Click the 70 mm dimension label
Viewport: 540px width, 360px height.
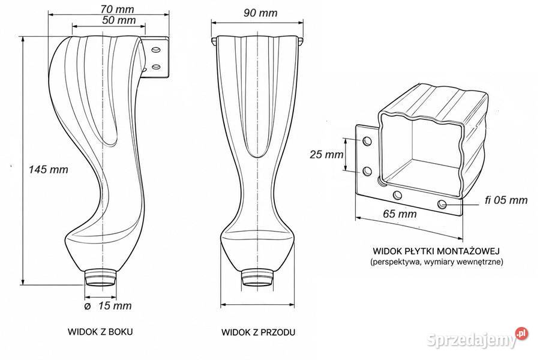pos(118,9)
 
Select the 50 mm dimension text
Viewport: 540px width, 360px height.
pos(119,20)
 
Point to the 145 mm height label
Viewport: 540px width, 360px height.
pos(48,169)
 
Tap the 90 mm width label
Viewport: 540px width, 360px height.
pos(260,13)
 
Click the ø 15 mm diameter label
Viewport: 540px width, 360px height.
pos(108,305)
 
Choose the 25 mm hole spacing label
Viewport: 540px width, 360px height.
pos(326,155)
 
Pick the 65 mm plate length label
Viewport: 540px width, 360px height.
pos(400,214)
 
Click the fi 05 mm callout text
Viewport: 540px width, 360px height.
pos(506,200)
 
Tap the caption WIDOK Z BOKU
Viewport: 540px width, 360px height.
pos(100,332)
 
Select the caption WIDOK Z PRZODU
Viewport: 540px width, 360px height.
pos(258,332)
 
